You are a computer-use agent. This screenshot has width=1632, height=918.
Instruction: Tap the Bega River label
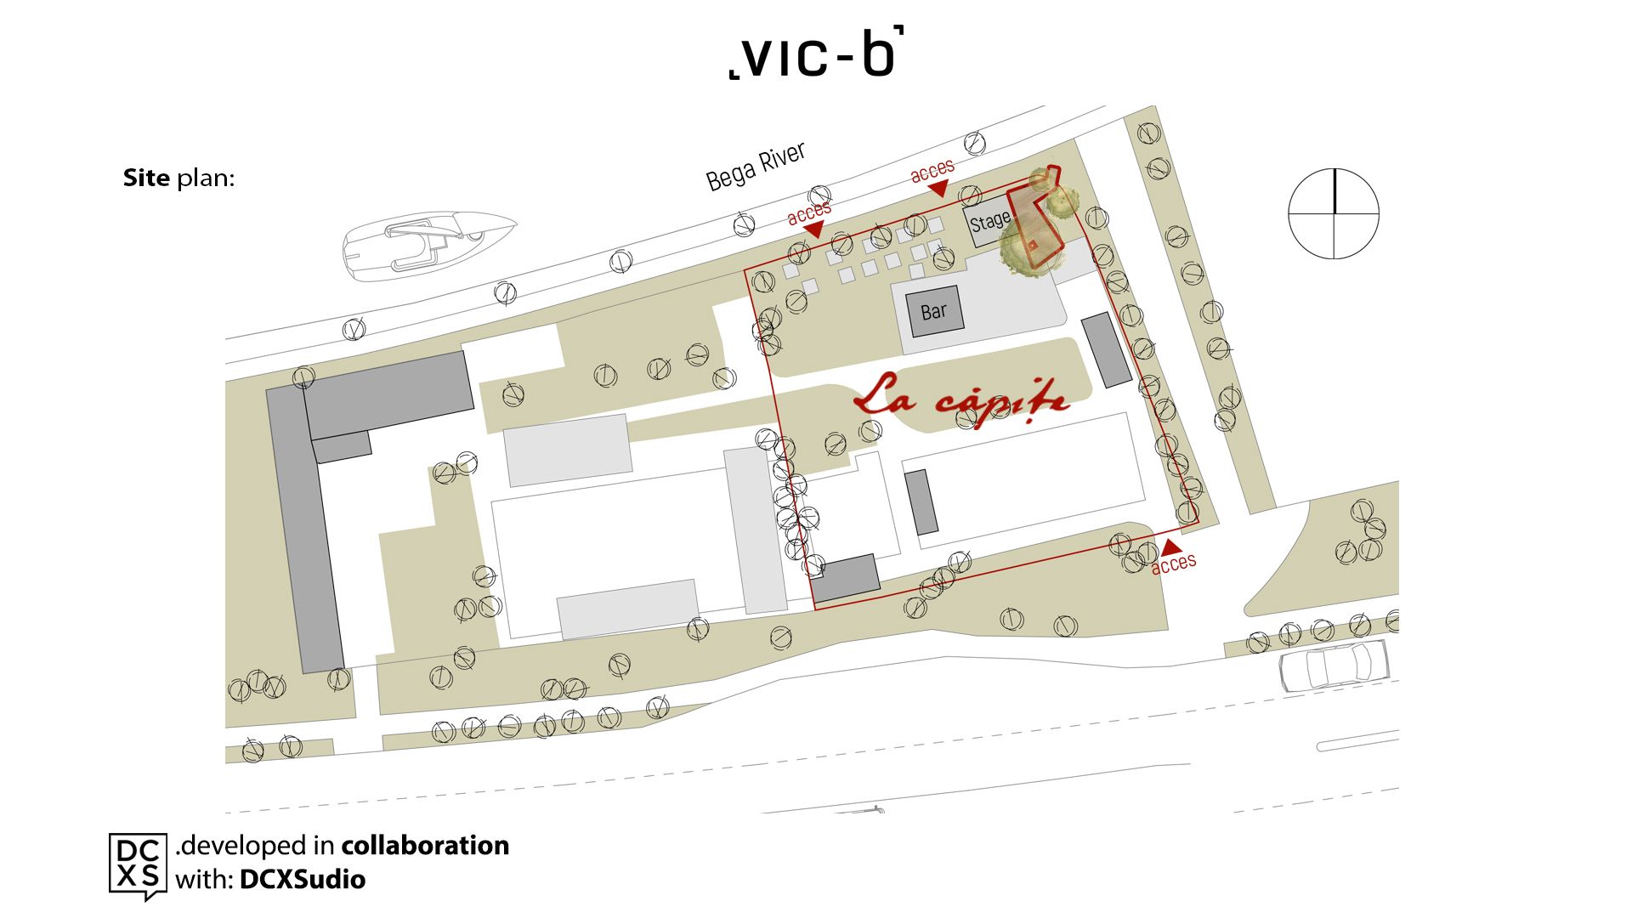pos(756,167)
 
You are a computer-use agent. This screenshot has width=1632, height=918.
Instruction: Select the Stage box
pos(989,223)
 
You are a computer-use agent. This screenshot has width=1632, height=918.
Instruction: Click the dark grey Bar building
pos(934,311)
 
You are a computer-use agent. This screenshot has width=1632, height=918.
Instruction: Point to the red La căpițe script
pos(961,399)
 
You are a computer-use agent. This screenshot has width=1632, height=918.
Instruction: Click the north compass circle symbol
pos(1334,213)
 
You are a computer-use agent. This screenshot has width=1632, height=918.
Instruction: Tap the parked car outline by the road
pos(1334,664)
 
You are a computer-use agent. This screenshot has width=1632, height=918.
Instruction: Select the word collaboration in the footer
pos(425,846)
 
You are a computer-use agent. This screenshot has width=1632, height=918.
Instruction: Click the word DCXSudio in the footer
pos(303,879)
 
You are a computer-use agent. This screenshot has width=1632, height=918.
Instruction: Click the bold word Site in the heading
pos(146,178)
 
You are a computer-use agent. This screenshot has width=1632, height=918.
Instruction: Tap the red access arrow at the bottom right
pos(1171,547)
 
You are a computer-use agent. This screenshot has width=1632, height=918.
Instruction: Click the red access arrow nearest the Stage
pos(938,188)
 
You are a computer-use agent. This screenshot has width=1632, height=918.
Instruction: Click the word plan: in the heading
pos(205,178)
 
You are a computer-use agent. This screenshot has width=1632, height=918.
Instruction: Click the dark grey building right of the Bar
pos(1106,350)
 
